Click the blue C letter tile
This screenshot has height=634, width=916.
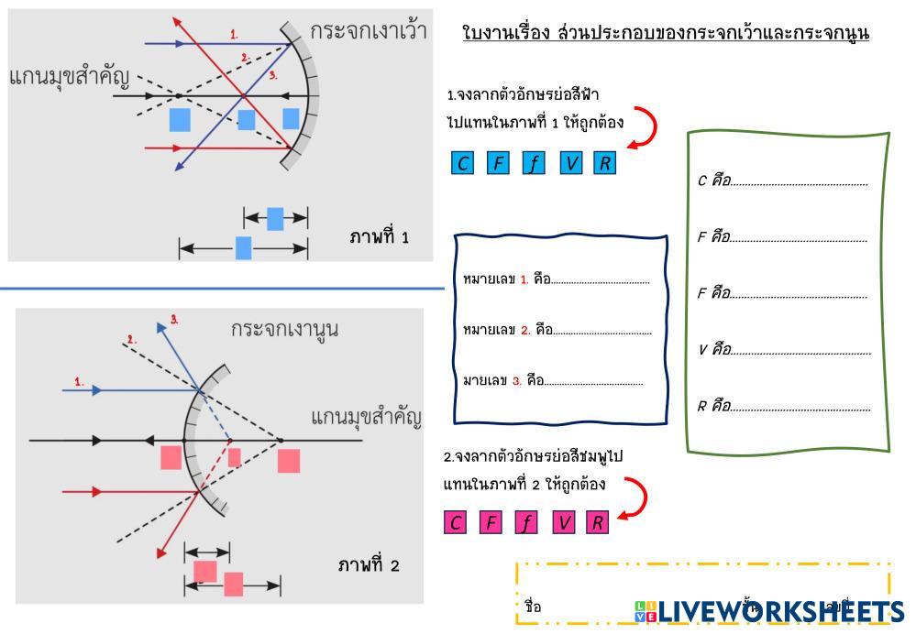point(463,163)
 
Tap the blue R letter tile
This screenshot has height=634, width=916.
point(604,163)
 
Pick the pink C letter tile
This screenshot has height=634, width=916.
point(456,522)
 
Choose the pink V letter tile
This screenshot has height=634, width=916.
point(564,522)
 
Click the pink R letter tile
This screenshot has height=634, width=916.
point(597,522)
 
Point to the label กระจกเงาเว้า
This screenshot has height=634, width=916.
point(369,30)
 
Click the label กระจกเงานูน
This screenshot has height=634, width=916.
point(284,328)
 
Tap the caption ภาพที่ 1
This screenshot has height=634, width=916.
point(379,237)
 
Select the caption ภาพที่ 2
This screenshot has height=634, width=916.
point(369,564)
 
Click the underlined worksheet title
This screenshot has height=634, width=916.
point(667,34)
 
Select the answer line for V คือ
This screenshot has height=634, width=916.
point(800,351)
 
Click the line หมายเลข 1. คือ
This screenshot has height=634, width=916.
point(601,281)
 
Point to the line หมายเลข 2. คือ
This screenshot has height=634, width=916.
point(602,331)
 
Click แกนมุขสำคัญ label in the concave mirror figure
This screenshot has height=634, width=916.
point(70,76)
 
